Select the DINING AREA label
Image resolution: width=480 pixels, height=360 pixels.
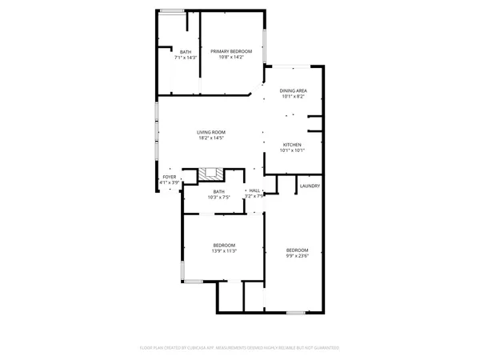(x=293, y=90)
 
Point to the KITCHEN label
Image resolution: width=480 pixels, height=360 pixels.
(x=293, y=144)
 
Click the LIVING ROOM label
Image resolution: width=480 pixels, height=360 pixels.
(x=212, y=132)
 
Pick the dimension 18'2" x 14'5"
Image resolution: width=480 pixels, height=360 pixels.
(x=212, y=138)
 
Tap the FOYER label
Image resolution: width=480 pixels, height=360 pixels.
(x=169, y=177)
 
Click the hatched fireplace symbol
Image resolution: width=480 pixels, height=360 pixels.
(x=212, y=172)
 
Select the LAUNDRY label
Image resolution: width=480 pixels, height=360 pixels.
(x=310, y=186)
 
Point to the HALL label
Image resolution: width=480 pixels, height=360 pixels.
(x=254, y=190)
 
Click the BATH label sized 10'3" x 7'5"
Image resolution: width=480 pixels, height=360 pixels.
(x=218, y=191)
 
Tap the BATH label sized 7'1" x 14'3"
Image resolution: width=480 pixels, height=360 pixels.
(x=186, y=52)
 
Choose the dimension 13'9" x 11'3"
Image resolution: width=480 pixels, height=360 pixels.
(x=224, y=251)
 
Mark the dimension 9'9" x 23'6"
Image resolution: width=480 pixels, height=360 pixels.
(x=298, y=256)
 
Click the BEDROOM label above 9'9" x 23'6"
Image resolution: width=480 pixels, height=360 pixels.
(x=298, y=250)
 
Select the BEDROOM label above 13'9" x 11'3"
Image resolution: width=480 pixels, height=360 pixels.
(x=224, y=245)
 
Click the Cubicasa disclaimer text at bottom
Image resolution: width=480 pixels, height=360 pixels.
(x=240, y=348)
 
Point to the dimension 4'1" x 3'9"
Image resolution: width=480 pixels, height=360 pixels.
(x=169, y=183)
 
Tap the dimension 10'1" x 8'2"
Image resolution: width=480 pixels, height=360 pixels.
(x=293, y=97)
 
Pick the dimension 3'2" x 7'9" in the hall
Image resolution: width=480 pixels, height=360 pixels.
(x=254, y=196)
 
